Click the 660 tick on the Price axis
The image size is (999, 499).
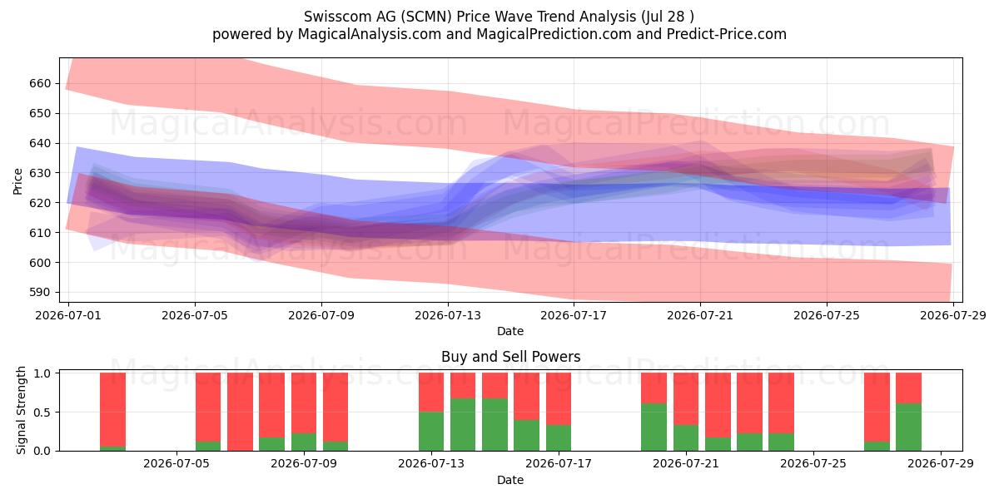click(40, 83)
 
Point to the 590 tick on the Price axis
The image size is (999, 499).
click(40, 292)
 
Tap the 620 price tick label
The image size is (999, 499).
click(40, 203)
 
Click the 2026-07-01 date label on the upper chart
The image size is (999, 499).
click(68, 315)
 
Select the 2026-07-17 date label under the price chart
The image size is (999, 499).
click(574, 315)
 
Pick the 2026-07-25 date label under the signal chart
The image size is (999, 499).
click(813, 463)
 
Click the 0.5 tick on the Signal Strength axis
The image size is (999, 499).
click(42, 413)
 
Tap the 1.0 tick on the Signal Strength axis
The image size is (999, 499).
click(42, 373)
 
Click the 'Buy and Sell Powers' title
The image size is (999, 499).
click(510, 357)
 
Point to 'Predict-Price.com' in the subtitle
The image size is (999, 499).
click(727, 34)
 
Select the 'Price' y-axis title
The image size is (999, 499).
click(17, 181)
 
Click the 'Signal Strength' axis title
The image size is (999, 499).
click(21, 410)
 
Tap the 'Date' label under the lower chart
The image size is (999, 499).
click(510, 480)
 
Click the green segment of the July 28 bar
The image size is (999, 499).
click(908, 427)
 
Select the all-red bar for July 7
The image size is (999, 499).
click(240, 412)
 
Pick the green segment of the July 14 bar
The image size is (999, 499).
click(463, 425)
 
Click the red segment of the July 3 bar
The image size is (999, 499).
click(113, 409)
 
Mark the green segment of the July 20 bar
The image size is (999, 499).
click(654, 427)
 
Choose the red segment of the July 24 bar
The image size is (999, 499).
click(782, 403)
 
